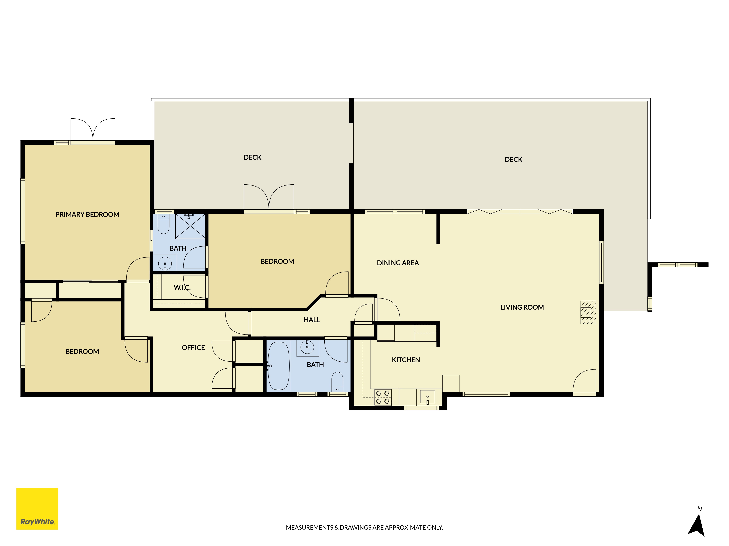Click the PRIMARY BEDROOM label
[87, 215]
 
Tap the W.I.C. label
[182, 287]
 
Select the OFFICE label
[193, 348]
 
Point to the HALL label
[312, 320]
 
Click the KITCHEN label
[406, 360]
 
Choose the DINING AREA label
[398, 263]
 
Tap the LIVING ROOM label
[522, 307]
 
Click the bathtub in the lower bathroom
[279, 366]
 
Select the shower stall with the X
[190, 226]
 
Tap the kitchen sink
[427, 397]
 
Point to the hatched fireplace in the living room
[588, 312]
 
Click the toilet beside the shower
[163, 224]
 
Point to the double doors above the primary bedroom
[93, 130]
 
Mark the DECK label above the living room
[513, 160]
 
